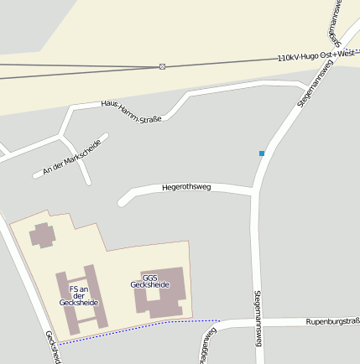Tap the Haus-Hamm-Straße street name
coord(131,110)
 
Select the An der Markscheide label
coord(72,158)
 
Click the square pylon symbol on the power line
coord(162,66)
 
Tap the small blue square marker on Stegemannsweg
coord(262,153)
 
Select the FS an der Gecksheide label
coord(79,295)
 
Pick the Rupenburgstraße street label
coord(332,321)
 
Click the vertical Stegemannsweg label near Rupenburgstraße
coord(258,318)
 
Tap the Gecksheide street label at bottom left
coord(54,347)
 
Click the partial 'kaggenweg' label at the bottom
coord(206,346)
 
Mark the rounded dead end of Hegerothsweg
coord(123,201)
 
